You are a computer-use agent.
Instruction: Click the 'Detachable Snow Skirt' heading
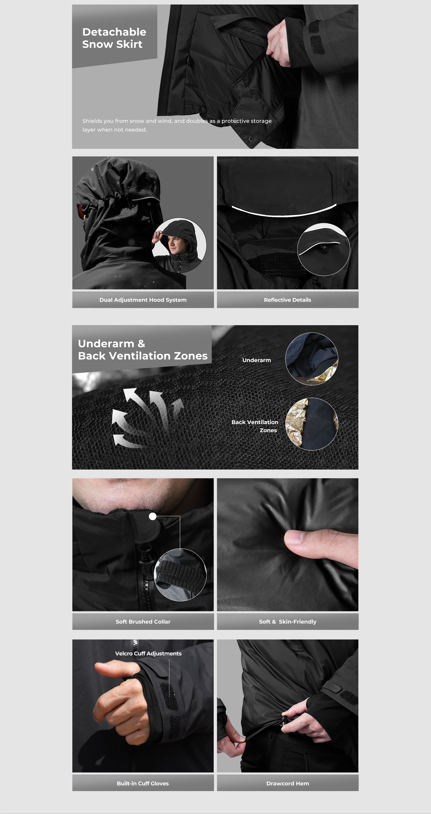[x=114, y=38]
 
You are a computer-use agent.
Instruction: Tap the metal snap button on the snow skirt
[x=251, y=139]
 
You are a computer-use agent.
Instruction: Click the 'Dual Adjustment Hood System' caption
[x=143, y=300]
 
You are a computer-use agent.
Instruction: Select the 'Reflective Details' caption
[x=288, y=300]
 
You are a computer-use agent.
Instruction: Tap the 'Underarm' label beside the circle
[x=257, y=360]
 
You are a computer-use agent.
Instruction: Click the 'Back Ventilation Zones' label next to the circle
[x=255, y=426]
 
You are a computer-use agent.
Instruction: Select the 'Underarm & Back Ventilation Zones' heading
[x=143, y=350]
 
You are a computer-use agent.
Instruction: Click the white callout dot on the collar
[x=153, y=516]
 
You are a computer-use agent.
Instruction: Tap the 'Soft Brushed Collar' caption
[x=143, y=622]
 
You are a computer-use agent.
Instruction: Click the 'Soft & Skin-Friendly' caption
[x=288, y=622]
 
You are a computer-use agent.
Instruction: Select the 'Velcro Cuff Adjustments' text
[x=148, y=653]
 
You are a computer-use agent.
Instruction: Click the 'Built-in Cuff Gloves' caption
[x=143, y=783]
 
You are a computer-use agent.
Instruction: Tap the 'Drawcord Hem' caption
[x=288, y=783]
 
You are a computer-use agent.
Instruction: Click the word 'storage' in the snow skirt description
[x=261, y=121]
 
